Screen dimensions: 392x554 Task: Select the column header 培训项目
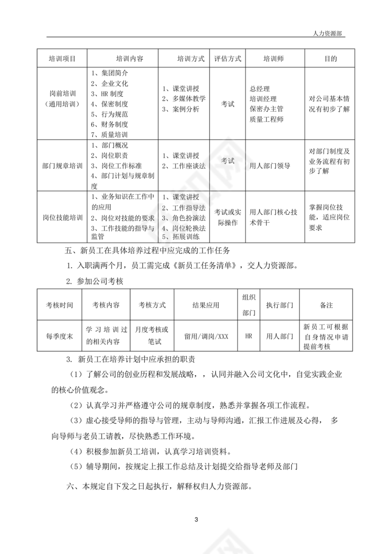[62, 59]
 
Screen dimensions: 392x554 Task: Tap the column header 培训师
[273, 59]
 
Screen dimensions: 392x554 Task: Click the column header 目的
[330, 59]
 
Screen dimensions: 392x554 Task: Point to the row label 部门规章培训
[62, 166]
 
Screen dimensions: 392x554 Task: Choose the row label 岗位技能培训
[62, 218]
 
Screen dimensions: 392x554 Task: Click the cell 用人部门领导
[270, 166]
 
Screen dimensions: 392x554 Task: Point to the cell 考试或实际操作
[228, 217]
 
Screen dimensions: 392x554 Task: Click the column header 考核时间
[60, 305]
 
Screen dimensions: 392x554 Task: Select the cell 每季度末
[60, 336]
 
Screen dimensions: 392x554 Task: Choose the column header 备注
[326, 305]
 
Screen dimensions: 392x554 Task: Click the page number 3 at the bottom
[196, 520]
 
